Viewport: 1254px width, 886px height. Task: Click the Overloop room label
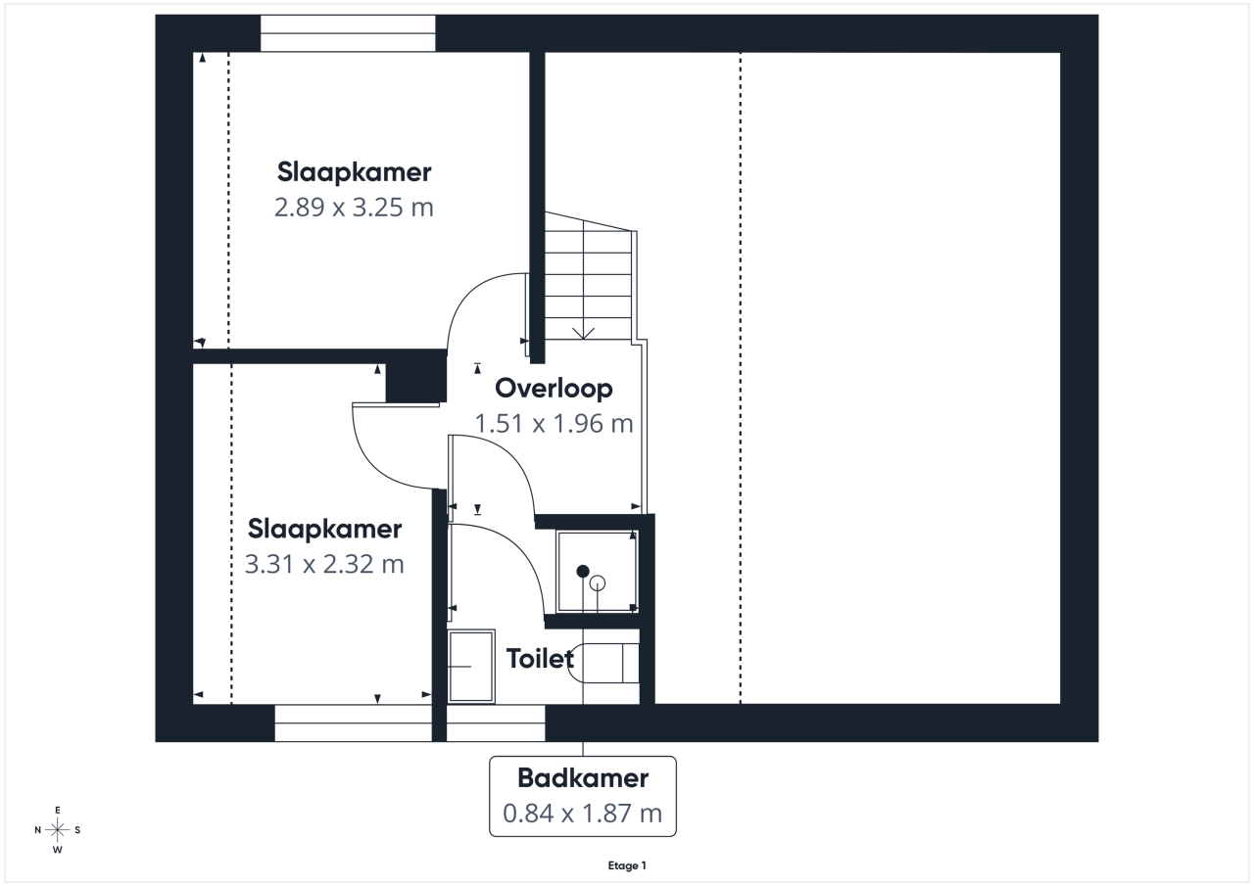click(x=554, y=389)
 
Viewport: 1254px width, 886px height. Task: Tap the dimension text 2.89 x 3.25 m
click(x=354, y=208)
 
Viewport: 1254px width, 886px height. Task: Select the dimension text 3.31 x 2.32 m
click(x=324, y=564)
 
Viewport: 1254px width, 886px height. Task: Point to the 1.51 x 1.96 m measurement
click(x=554, y=424)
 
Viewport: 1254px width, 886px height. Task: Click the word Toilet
click(x=540, y=658)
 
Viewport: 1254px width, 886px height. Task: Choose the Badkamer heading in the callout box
click(x=583, y=778)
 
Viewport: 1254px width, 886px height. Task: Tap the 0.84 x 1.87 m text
click(x=582, y=814)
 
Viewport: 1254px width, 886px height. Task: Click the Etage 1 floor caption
click(x=627, y=865)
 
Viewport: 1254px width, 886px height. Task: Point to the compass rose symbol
click(x=57, y=829)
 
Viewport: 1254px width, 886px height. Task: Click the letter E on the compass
click(x=57, y=810)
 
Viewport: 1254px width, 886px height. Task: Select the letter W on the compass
click(x=57, y=850)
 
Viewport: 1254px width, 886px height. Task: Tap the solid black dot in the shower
click(x=583, y=571)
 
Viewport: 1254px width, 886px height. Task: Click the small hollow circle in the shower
click(x=598, y=583)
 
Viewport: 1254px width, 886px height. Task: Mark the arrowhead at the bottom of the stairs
click(x=583, y=334)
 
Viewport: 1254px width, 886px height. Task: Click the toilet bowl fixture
click(x=603, y=663)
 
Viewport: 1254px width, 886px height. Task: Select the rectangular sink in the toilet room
click(x=471, y=666)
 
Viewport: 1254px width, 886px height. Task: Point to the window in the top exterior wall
click(x=348, y=33)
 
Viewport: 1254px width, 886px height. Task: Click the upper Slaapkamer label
click(x=354, y=171)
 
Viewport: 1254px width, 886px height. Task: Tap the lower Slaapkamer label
click(x=324, y=529)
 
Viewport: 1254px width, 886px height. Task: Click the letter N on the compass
click(x=37, y=830)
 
